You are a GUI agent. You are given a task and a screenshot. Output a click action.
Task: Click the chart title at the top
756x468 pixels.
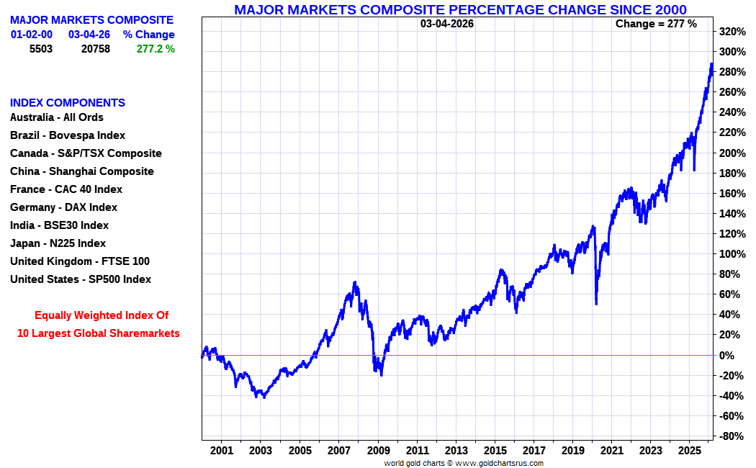(460, 9)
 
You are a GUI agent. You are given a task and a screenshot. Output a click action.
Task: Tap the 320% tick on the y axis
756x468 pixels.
(732, 32)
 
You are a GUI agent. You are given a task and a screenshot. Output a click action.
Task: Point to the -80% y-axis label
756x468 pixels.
(732, 436)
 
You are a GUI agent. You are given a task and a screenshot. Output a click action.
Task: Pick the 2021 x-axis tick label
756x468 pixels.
(611, 451)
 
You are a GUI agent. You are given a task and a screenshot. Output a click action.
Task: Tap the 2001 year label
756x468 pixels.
(222, 451)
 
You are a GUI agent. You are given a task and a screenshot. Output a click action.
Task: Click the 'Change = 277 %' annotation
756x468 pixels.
(656, 24)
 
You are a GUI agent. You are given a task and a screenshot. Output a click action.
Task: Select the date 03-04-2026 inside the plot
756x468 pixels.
(447, 24)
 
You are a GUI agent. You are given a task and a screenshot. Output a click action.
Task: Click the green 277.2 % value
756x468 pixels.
(156, 49)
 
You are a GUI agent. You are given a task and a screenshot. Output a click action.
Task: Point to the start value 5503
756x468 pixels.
(40, 49)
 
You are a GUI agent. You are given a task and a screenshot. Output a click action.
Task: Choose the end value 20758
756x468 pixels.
(95, 49)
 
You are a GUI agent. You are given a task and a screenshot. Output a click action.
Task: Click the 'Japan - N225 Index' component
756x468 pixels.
(58, 243)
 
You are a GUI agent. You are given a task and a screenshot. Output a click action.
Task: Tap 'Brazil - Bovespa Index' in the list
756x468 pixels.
(68, 135)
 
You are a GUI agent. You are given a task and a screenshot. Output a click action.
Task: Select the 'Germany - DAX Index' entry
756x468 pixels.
(63, 207)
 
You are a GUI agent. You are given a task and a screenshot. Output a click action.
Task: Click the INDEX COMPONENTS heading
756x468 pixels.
(68, 103)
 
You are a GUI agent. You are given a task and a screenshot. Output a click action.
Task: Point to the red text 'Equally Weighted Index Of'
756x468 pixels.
(102, 315)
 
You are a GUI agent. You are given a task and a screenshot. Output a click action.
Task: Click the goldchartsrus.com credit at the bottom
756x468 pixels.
(464, 463)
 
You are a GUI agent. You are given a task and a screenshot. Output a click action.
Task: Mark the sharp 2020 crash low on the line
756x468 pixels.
(596, 303)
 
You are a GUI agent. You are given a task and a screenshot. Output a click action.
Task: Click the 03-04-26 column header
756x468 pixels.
(89, 35)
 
